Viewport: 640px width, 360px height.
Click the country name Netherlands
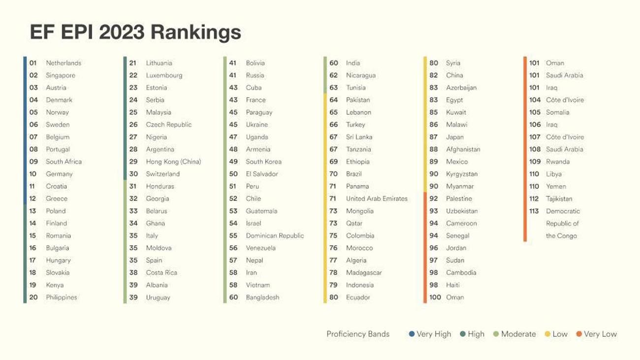(x=64, y=63)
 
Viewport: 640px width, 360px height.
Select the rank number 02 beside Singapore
(x=33, y=75)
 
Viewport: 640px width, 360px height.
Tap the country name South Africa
(x=64, y=162)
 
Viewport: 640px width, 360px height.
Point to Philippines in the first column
(x=62, y=297)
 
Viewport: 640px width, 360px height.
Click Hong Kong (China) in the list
(x=173, y=162)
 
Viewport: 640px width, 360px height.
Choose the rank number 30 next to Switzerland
(x=133, y=174)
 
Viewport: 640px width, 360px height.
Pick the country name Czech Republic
(x=168, y=125)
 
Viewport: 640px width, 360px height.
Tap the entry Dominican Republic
(x=275, y=235)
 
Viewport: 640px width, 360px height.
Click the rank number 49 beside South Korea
(x=233, y=162)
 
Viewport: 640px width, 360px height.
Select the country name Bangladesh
(x=262, y=297)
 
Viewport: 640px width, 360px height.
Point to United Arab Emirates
(x=377, y=198)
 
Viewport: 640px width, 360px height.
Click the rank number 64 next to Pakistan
(x=333, y=99)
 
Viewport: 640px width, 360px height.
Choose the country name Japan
(x=454, y=137)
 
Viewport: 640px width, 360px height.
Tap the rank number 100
(x=435, y=297)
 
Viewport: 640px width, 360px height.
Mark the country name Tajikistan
(x=559, y=198)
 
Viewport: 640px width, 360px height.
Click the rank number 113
(x=534, y=211)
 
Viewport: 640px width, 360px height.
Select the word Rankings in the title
(x=196, y=33)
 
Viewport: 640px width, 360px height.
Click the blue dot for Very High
(x=412, y=334)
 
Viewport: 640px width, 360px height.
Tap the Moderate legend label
(x=518, y=334)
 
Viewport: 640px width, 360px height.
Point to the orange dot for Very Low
(x=579, y=334)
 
